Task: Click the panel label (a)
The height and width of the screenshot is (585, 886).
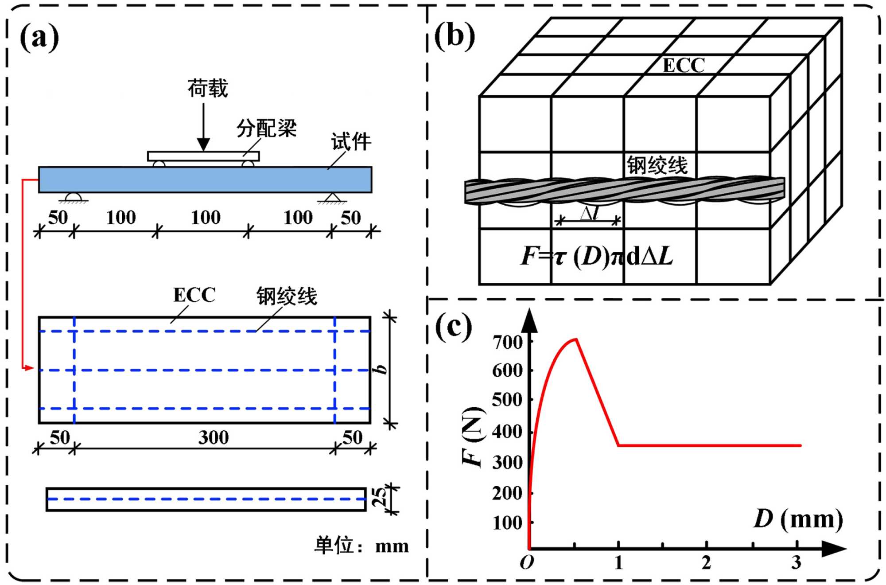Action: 39,37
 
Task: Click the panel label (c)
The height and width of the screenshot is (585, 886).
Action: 453,327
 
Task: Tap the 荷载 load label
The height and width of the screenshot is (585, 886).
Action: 207,88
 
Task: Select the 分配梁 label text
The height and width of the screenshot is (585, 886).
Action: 266,129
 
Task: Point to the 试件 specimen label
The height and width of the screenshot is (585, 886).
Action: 351,142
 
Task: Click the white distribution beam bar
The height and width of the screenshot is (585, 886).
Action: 203,156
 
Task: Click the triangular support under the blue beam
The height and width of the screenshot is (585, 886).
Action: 332,198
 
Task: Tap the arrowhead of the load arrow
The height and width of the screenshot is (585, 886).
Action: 203,144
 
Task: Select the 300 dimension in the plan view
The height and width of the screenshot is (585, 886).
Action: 213,437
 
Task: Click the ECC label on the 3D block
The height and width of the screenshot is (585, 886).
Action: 683,66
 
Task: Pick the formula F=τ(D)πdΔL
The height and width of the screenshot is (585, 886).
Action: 596,256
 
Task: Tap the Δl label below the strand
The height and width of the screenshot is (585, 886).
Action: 590,213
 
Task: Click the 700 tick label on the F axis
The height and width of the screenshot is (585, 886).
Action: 508,342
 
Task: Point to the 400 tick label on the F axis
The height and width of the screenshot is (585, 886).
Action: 508,431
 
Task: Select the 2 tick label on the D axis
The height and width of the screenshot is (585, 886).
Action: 706,562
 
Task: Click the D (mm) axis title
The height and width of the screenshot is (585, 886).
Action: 798,519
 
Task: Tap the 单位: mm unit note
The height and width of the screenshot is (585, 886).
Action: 361,546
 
